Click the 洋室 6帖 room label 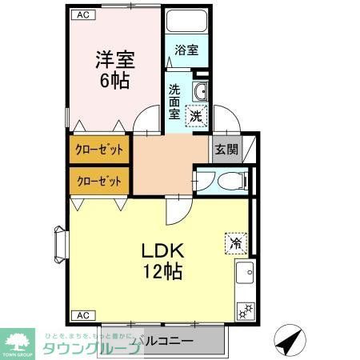(x=114, y=69)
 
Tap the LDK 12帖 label (x=162, y=258)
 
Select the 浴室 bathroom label (x=186, y=50)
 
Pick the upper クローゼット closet (x=99, y=150)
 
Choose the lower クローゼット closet (x=99, y=181)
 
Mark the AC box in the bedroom (x=83, y=14)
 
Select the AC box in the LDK (x=82, y=314)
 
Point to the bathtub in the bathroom (x=186, y=21)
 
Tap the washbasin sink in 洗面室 (x=200, y=93)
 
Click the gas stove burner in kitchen (x=244, y=309)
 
